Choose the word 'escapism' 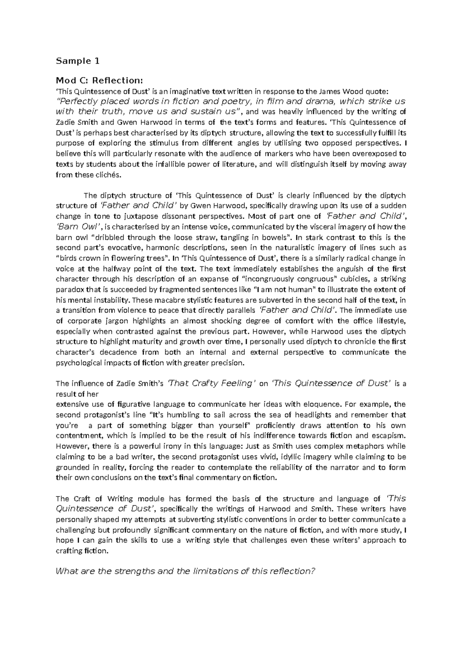(x=389, y=436)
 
